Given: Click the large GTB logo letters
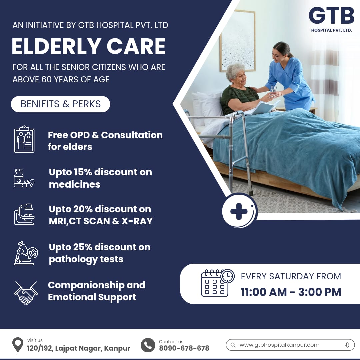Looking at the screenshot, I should coord(331,15).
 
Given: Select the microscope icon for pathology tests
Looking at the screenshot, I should coord(26,253).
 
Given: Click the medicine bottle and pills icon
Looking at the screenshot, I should coord(24,178).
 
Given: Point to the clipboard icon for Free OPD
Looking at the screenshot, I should coord(24,139).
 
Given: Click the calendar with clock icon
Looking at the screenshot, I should coord(217,283).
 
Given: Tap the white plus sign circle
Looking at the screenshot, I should coord(239,211).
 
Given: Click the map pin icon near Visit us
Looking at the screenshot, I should coord(18,344).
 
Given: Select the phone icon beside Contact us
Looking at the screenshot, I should coord(148,345).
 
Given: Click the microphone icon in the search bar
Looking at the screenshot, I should coord(347,345).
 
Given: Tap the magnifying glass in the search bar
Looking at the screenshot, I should coord(233,345).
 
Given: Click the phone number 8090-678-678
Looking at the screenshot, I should coord(184,348).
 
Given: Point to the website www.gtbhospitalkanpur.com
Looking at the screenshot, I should coord(279,345).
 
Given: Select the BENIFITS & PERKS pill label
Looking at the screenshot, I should coord(60,104).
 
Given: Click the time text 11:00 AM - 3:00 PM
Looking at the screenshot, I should coord(291,292).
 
